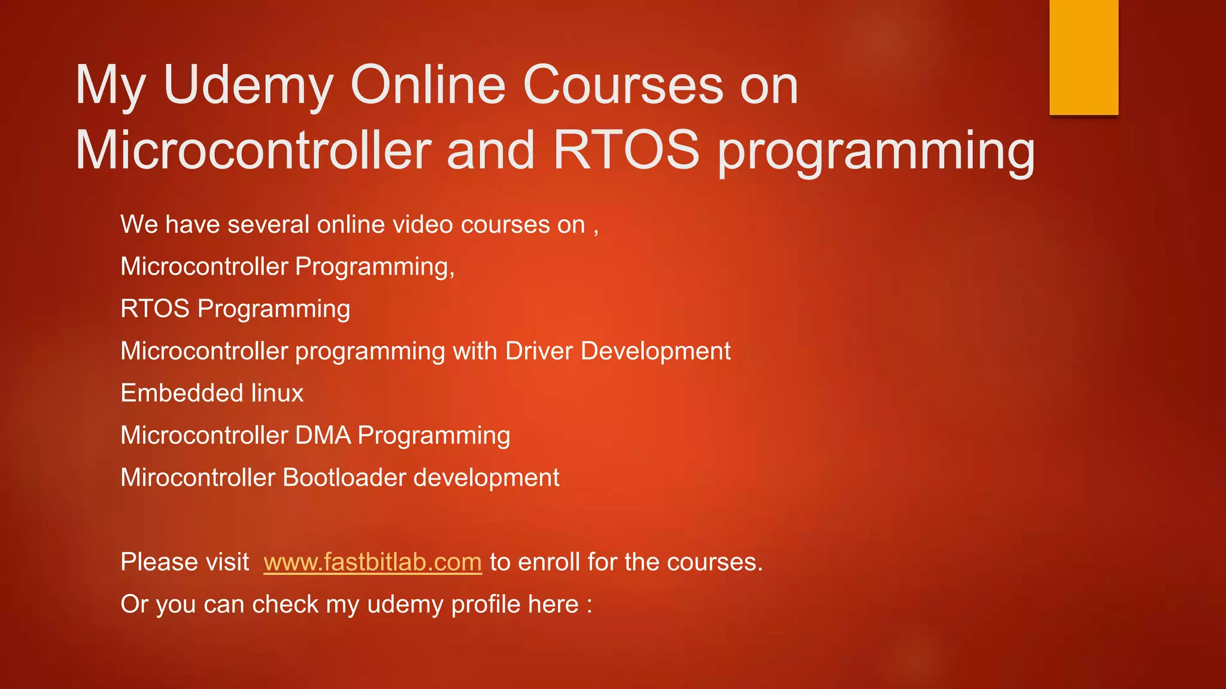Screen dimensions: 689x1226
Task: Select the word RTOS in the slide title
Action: coord(626,150)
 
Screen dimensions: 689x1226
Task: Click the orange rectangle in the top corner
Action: coord(1084,57)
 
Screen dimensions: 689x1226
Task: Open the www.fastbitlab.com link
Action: coord(372,562)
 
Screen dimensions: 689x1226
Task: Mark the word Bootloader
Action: coord(344,478)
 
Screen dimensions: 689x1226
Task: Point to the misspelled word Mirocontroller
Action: coord(198,478)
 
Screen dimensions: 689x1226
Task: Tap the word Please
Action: coord(160,562)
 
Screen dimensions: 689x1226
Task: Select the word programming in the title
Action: coord(876,151)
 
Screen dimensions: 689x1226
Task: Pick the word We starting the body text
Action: coord(139,225)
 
